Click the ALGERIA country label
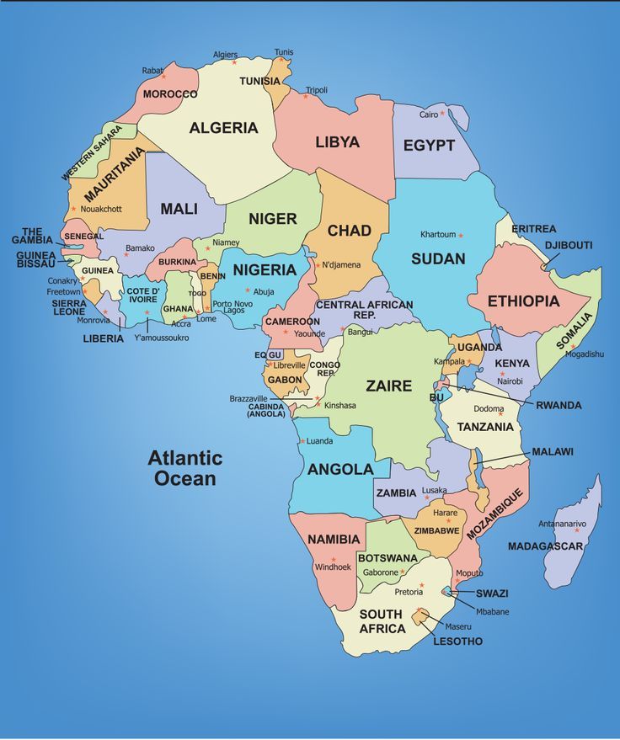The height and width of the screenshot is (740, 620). pos(223,128)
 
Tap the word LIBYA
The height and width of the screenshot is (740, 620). pos(337,142)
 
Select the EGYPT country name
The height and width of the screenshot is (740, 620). pos(429,145)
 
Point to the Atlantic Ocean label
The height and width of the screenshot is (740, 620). pos(185,469)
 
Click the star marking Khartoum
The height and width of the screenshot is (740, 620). pos(461,235)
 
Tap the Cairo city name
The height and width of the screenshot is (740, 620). pos(429,114)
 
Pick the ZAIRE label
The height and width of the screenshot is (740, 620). pos(388,386)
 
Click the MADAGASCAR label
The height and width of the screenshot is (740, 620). pos(545,546)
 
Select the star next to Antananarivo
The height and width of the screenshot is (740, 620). pos(579,530)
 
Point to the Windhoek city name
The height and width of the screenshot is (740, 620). pos(332,567)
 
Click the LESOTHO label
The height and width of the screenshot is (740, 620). pos(457,642)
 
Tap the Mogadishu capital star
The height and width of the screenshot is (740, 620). pos(573,346)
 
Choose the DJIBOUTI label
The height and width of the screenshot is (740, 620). pos(569,245)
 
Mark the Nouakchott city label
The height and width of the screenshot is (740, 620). pos(101,209)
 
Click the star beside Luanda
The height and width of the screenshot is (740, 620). pos(302,441)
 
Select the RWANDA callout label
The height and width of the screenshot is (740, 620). pos(559,405)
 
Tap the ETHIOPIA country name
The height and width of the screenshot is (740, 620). pos(523,301)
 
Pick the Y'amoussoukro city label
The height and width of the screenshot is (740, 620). pos(162,338)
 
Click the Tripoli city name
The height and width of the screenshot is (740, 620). pos(317,90)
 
